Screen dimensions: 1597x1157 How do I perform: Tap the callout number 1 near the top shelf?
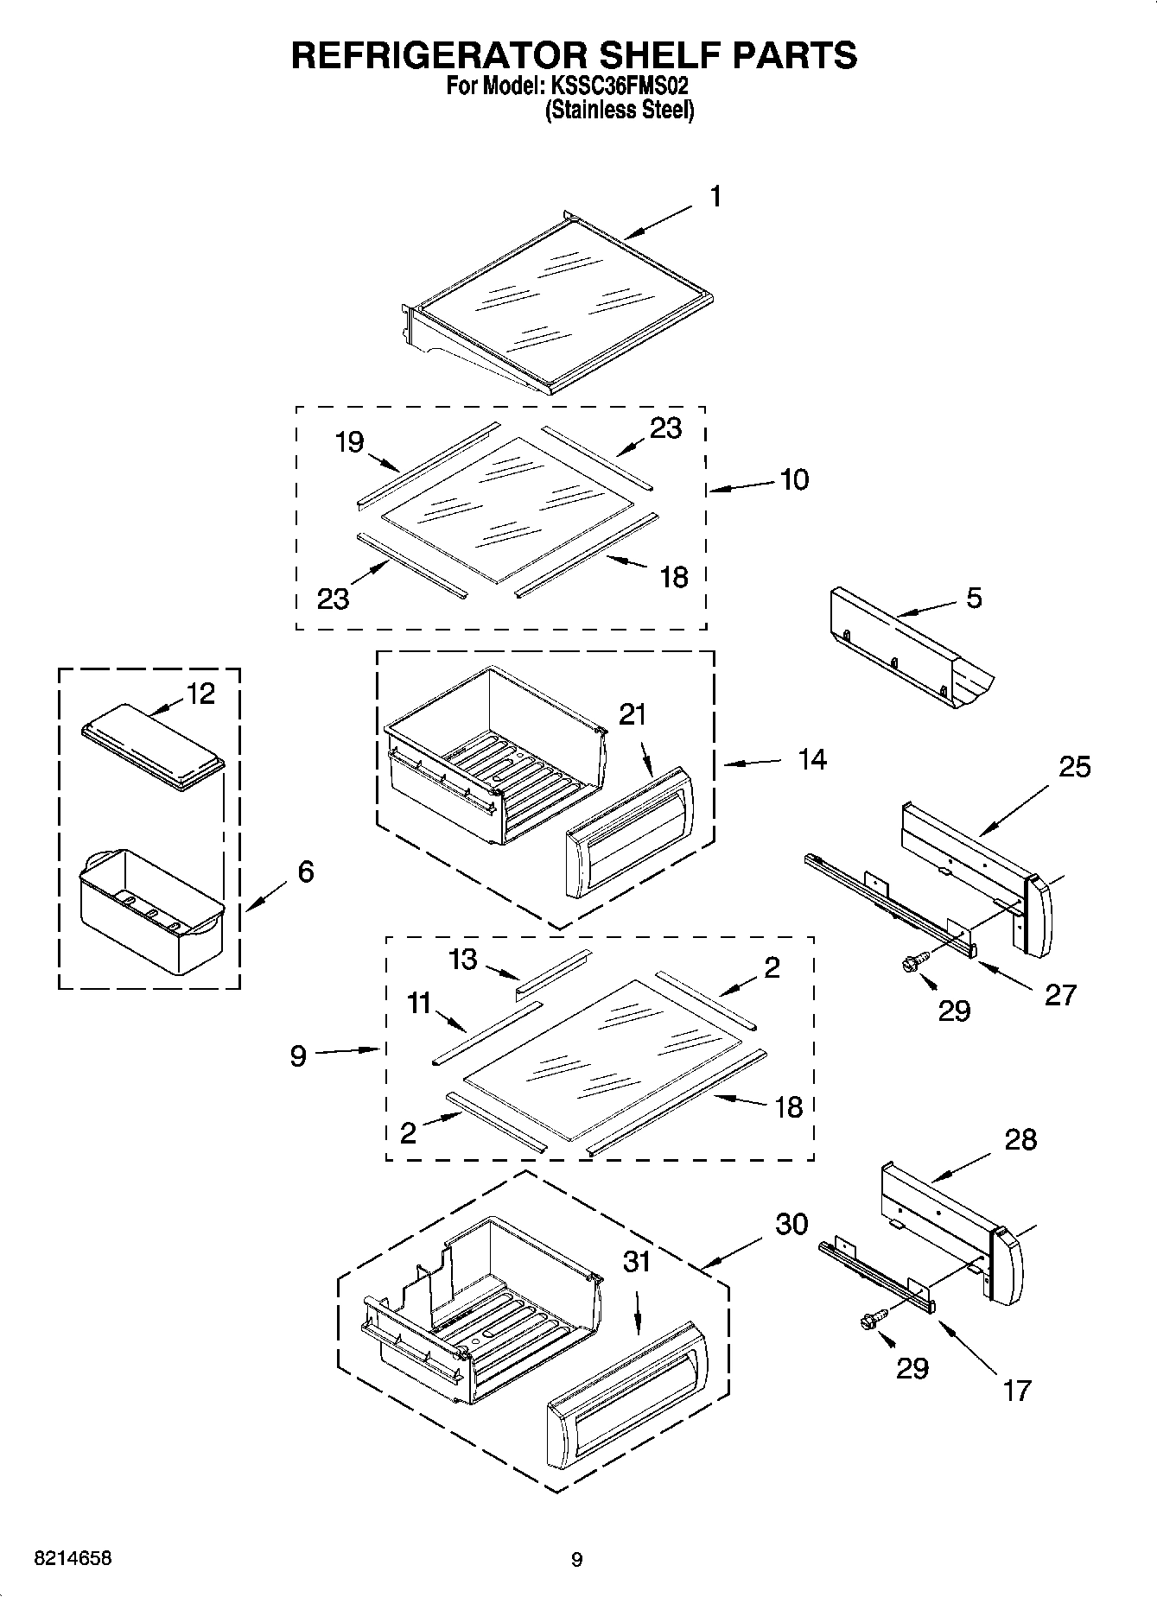[715, 197]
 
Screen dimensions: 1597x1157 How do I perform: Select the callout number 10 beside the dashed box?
[794, 480]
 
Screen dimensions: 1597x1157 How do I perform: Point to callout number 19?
[349, 442]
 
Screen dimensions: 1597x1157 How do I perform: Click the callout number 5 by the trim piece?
[974, 598]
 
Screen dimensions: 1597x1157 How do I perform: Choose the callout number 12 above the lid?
[200, 694]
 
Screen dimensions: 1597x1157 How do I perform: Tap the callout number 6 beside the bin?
[305, 871]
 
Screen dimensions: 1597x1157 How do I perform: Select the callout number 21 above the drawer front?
[633, 714]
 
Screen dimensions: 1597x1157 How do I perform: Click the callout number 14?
[811, 760]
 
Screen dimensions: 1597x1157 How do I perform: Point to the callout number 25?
[1074, 766]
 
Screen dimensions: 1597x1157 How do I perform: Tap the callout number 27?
[1060, 995]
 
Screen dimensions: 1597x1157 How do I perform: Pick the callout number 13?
[463, 959]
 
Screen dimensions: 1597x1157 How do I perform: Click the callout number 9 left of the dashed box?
[298, 1055]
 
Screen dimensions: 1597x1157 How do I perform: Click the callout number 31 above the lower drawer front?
[637, 1262]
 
